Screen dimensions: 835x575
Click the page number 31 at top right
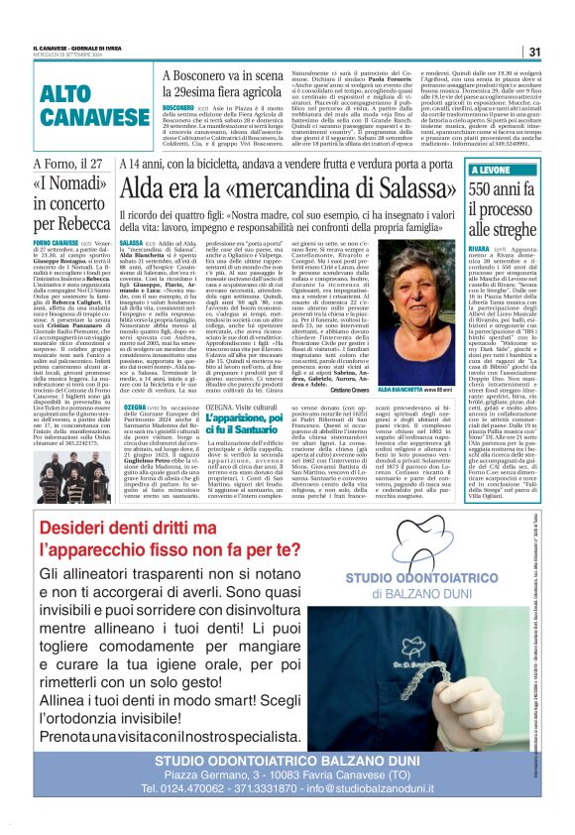coord(532,52)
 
